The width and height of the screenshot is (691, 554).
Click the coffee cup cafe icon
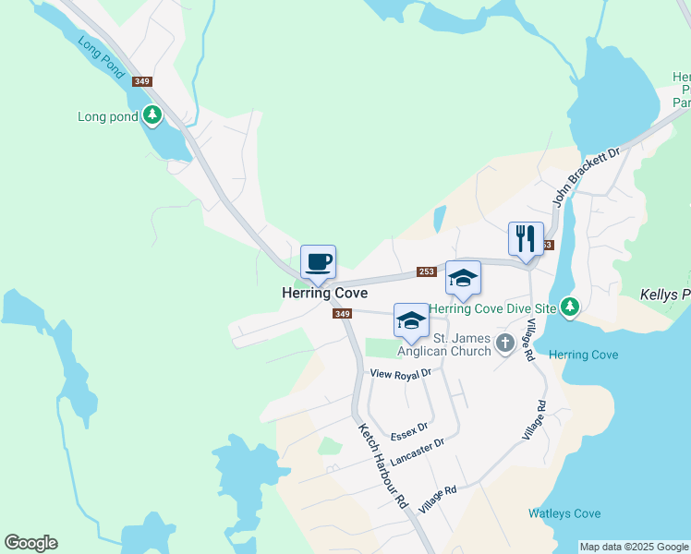tap(318, 261)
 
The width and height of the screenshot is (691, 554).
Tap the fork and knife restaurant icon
tap(526, 238)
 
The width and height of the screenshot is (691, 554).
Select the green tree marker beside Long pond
tap(152, 116)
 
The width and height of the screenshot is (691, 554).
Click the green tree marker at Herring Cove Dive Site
tap(570, 307)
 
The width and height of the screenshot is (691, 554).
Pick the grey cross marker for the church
tap(504, 343)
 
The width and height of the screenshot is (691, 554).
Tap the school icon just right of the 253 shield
tap(463, 277)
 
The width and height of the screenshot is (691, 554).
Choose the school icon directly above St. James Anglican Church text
tap(411, 319)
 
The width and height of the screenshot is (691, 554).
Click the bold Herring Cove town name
tap(324, 293)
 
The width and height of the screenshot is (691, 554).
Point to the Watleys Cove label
tap(564, 513)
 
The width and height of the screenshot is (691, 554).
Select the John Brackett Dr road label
tap(585, 176)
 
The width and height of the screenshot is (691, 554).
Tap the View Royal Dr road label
tap(401, 374)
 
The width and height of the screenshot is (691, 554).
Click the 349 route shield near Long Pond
tap(141, 81)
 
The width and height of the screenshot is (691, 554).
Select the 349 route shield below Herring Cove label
tap(342, 314)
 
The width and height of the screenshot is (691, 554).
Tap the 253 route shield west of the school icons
tap(426, 271)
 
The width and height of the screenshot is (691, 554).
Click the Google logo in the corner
tap(30, 543)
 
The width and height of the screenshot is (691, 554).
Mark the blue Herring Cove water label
tap(583, 355)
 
